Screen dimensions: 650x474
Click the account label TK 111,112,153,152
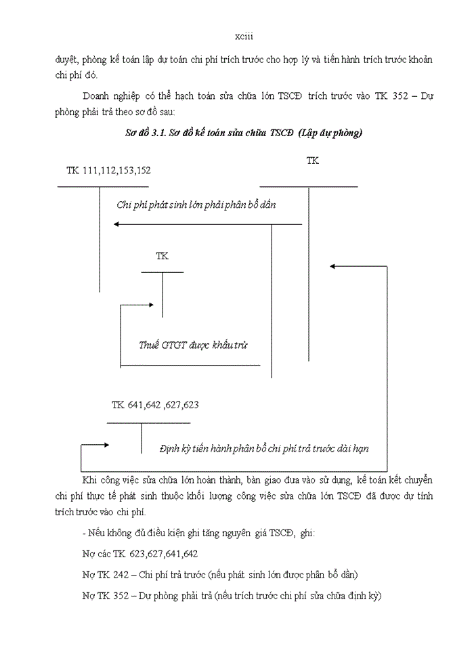coord(108,170)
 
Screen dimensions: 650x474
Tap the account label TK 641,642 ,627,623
coord(155,405)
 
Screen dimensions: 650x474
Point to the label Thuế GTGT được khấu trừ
coord(193,345)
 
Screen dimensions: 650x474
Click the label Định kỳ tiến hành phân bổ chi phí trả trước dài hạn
coord(264,448)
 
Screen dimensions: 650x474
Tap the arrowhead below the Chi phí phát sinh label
coord(118,224)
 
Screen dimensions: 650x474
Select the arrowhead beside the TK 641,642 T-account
coord(105,445)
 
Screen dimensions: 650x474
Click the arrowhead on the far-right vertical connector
coord(332,266)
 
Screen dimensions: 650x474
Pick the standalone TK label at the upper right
coord(312,160)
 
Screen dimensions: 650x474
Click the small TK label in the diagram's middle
coord(162,256)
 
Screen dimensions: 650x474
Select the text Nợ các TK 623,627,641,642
coord(139,554)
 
